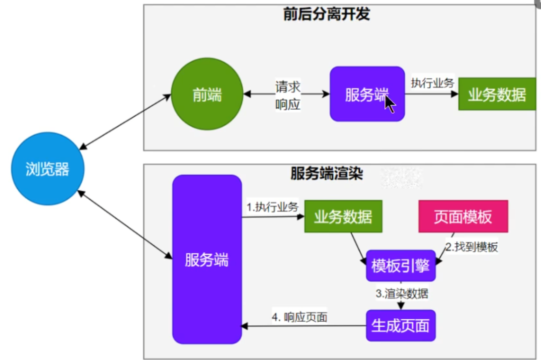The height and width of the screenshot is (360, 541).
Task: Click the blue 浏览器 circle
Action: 47,169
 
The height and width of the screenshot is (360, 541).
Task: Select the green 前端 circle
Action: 207,94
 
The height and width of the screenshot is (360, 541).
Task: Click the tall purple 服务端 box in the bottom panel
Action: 207,259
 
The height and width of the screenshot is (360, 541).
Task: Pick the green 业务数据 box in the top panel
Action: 497,94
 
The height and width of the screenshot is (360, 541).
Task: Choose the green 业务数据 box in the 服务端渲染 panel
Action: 343,216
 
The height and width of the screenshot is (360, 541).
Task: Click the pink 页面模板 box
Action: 463,216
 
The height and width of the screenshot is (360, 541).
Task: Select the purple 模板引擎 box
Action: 400,266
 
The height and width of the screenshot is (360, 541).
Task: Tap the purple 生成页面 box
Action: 400,325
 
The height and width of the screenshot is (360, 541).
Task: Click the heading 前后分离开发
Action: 326,14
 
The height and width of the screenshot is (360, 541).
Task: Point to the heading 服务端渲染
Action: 326,173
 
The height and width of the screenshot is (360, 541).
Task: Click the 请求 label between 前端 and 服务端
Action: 288,87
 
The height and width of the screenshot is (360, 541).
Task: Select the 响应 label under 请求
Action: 288,104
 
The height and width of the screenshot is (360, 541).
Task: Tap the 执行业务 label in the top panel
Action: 432,83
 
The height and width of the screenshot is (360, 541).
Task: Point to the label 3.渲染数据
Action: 402,293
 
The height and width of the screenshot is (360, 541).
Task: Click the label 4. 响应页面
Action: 300,317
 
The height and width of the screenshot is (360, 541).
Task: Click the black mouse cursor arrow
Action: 389,104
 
